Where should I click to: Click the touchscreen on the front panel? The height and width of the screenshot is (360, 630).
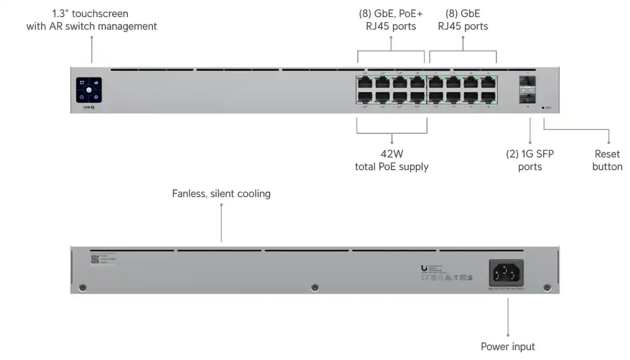[x=89, y=90]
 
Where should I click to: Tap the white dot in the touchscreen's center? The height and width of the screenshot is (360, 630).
[x=89, y=90]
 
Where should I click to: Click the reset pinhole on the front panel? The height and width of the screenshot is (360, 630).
[x=544, y=107]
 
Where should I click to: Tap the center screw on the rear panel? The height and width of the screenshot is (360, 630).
[x=315, y=288]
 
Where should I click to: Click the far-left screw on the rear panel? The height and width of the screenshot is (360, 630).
[x=83, y=288]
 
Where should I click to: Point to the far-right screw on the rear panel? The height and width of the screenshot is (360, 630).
[x=547, y=288]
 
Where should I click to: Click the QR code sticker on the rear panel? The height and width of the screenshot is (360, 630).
[x=94, y=258]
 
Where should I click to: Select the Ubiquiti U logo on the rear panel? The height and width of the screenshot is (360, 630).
[x=424, y=269]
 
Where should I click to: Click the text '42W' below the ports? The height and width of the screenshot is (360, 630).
[x=392, y=154]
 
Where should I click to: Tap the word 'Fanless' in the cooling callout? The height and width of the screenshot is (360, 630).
[x=188, y=194]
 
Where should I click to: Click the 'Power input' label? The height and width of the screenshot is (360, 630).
[x=508, y=347]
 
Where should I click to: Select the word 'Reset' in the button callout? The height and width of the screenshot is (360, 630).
[x=607, y=154]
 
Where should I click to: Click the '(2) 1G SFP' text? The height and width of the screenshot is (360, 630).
[x=530, y=154]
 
